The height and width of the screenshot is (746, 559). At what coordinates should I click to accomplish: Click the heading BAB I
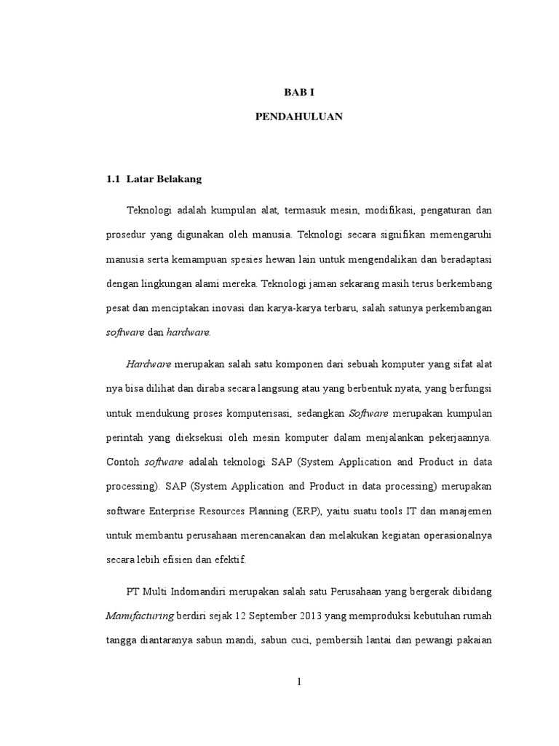point(299,93)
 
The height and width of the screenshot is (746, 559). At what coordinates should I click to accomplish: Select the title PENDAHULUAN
point(299,117)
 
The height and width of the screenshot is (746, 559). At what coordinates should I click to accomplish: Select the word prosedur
point(127,235)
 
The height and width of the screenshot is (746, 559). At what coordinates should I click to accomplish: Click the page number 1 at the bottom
point(300,683)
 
